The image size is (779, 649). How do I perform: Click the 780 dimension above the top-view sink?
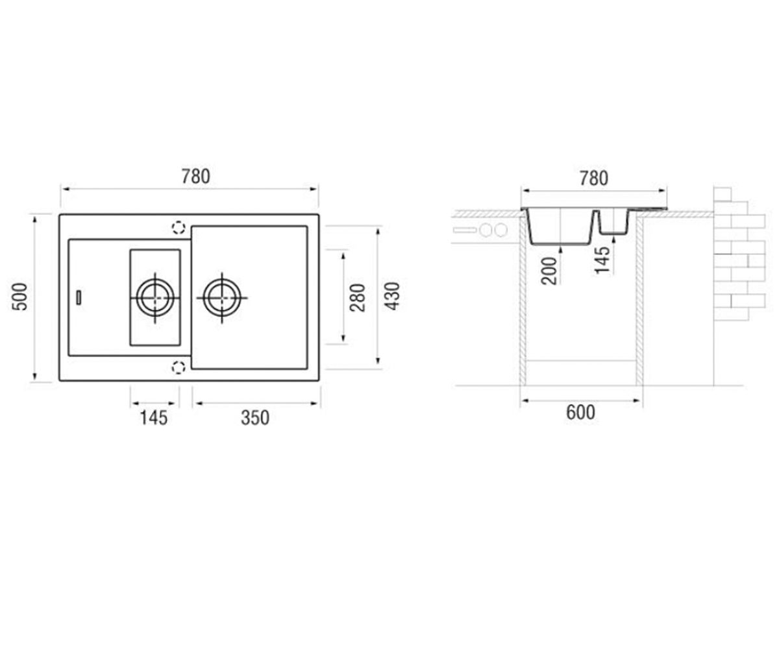coord(196,177)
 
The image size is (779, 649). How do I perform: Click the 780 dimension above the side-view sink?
coord(593,178)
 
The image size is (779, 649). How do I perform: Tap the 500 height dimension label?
coord(19,297)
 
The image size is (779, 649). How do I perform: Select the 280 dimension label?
coord(358,297)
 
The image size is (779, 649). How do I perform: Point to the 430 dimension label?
coord(392,296)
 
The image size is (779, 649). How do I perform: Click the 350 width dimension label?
coord(255,418)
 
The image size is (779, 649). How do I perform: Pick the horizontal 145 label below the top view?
coord(154,418)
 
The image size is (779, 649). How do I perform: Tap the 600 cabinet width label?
coord(580,412)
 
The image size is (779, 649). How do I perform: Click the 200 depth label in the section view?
coord(549,271)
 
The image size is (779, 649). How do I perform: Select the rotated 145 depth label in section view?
coord(602,260)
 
